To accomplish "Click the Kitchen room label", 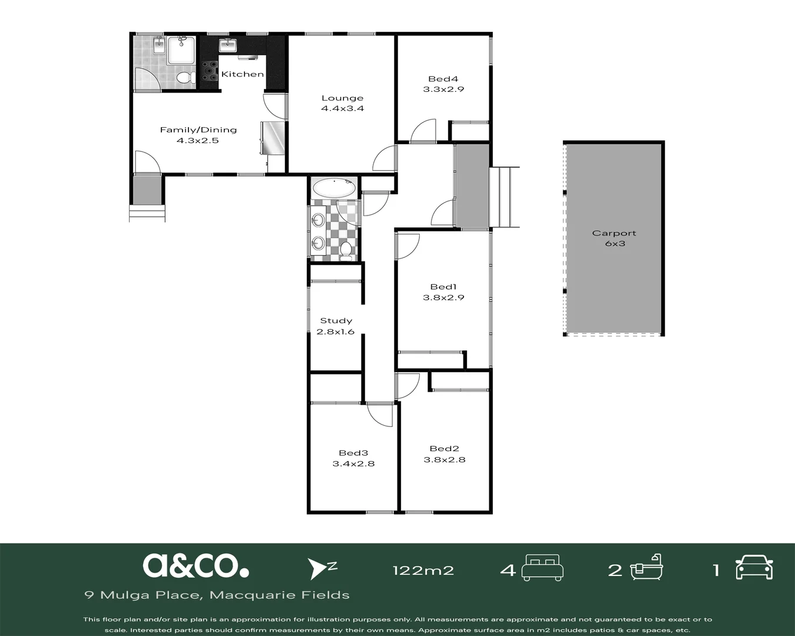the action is [243, 74].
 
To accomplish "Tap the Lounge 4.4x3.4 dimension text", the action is [343, 108].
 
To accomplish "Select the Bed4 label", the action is [443, 79].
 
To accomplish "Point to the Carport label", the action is [614, 233].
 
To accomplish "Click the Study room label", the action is [336, 321].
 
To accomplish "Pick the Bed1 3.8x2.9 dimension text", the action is [443, 297].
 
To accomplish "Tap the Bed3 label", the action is [353, 453].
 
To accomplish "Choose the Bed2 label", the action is [444, 449].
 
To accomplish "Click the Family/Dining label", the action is [198, 130].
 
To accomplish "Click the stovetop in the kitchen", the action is [209, 71].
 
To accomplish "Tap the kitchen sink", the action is [227, 45].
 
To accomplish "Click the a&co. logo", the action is [196, 566].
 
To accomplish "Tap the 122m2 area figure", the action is [423, 571].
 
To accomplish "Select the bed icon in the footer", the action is [542, 568].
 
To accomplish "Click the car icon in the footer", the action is [754, 567].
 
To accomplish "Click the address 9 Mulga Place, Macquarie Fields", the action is [217, 595].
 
